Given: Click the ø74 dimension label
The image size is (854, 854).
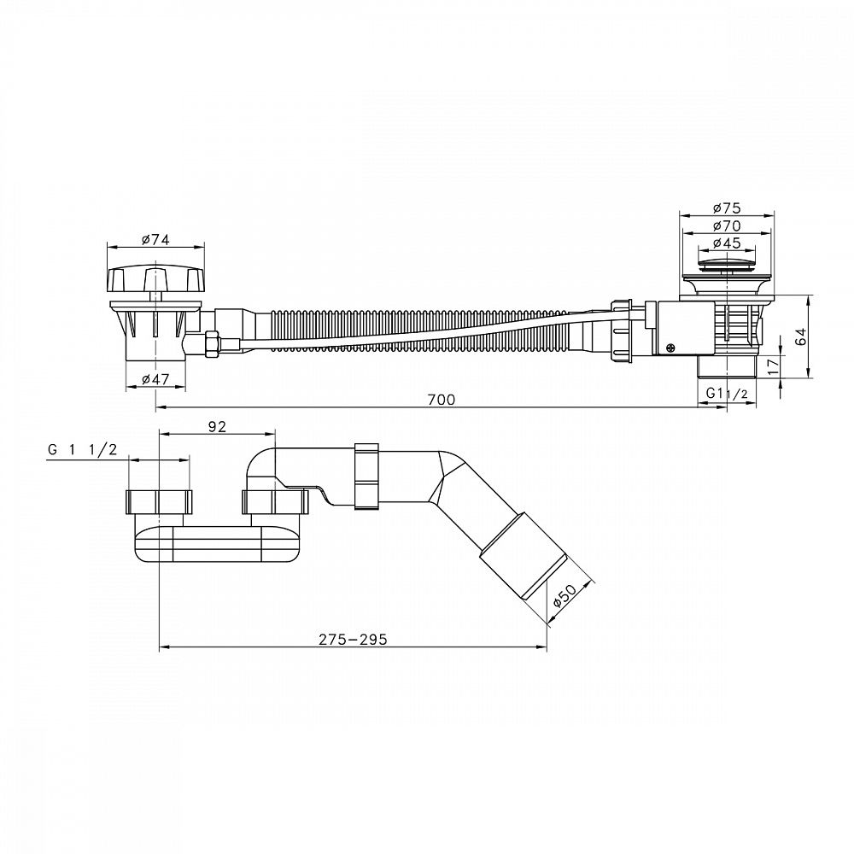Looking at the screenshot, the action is (155, 239).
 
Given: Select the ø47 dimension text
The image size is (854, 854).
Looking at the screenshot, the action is (155, 380).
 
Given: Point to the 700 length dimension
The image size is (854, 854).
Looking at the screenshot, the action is (442, 399).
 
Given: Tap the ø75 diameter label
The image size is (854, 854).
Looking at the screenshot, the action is (727, 208).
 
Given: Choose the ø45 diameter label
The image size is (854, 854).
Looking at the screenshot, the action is (727, 243).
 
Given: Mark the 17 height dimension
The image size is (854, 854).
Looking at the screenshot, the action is (771, 366).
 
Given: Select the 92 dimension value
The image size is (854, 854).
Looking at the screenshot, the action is (217, 426).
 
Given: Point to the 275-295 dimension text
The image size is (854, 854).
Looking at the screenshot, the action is (353, 639).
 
